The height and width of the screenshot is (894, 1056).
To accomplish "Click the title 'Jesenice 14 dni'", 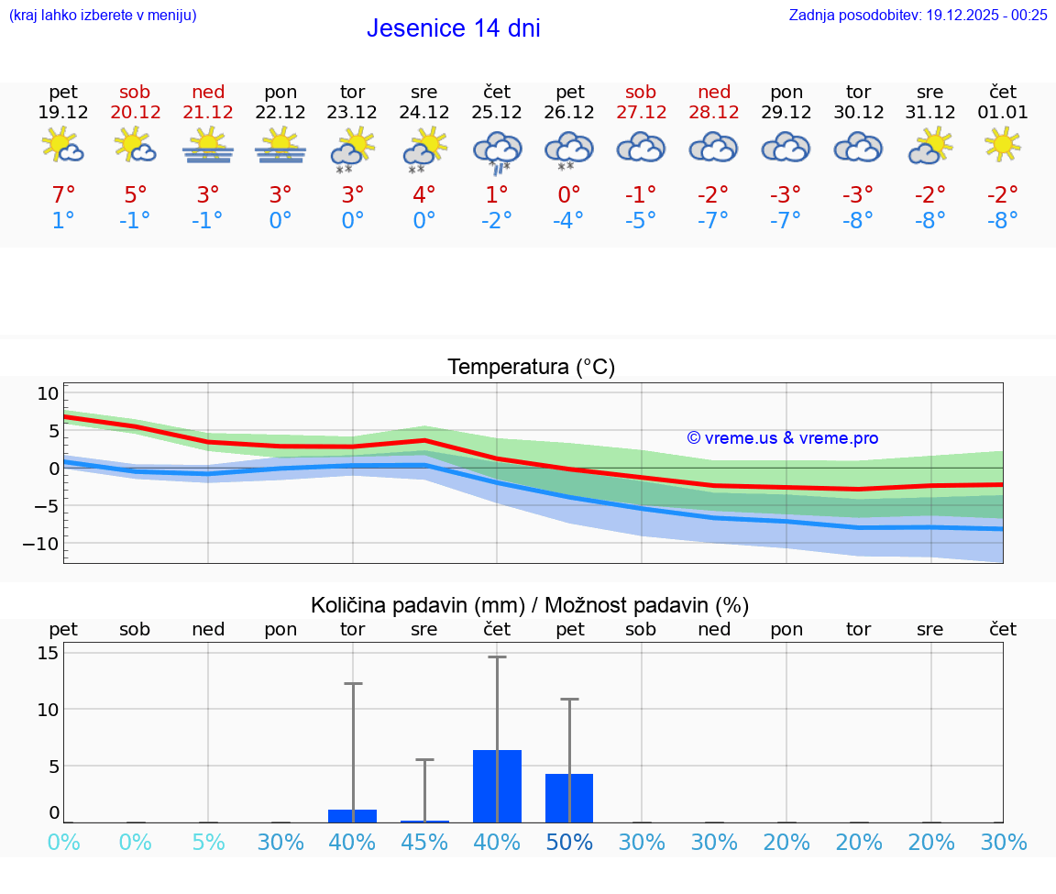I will click(x=453, y=28).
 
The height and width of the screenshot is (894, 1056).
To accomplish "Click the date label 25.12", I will click(x=497, y=113).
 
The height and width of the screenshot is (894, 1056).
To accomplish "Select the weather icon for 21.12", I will click(x=208, y=147).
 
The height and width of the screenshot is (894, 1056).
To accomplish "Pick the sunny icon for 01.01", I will click(x=1002, y=144).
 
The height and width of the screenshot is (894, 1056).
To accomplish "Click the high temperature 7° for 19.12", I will click(x=63, y=194).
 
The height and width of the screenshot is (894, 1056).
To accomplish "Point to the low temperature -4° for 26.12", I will click(x=568, y=220).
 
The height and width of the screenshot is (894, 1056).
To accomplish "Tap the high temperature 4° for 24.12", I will click(x=424, y=194).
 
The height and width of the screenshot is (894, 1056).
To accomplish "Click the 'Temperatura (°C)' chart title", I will click(x=531, y=367).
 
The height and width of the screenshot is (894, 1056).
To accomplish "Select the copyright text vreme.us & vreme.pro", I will click(x=783, y=438).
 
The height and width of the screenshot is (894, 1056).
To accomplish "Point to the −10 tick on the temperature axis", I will click(x=47, y=544).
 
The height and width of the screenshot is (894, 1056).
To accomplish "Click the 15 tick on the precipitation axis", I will click(x=49, y=653).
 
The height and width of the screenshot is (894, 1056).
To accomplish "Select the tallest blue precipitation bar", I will click(x=497, y=786).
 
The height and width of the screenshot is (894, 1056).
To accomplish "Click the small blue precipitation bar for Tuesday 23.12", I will click(x=352, y=816).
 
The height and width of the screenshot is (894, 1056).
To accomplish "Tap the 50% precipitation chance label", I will click(x=569, y=842).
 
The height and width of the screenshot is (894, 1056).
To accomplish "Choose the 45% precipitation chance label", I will click(x=424, y=842).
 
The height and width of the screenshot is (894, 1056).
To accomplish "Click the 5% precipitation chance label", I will click(x=208, y=842).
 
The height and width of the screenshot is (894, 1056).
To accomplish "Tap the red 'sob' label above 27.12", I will click(x=641, y=92).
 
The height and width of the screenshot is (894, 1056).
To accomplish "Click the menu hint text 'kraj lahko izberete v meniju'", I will click(x=103, y=15).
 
